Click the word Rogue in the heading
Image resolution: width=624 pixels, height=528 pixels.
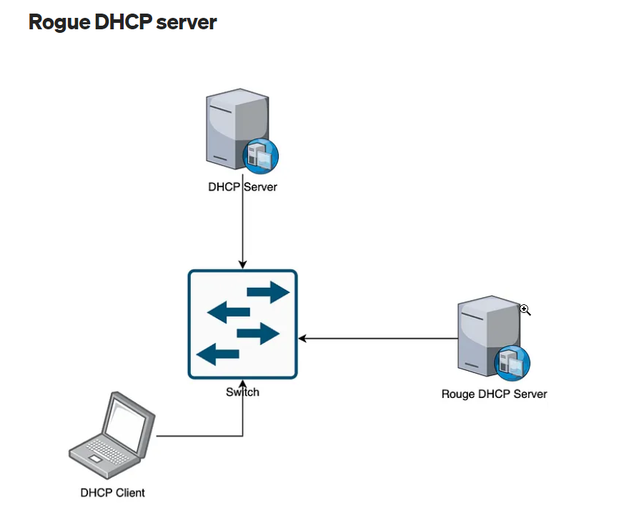pos(61,21)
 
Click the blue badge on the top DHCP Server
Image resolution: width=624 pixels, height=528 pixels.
pos(261,156)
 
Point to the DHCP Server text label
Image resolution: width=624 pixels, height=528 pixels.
pos(242,188)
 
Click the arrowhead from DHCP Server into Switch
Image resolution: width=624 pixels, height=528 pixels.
pos(242,265)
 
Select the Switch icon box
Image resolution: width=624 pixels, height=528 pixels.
pos(242,324)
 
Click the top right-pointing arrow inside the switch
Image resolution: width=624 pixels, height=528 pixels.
pos(269,292)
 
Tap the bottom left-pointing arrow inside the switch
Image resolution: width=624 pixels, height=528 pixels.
pos(218,353)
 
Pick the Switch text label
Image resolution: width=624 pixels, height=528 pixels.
pos(242,392)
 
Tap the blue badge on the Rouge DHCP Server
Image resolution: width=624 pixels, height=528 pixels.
pos(513,362)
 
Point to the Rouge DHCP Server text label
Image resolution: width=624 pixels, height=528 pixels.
pos(494,394)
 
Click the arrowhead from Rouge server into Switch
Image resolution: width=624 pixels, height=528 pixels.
pos(302,338)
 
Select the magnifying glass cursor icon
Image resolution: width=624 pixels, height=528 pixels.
pos(525,309)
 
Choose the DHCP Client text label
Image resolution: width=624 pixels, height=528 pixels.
pos(112,492)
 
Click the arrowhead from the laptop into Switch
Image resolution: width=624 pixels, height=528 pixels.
pos(243,384)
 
